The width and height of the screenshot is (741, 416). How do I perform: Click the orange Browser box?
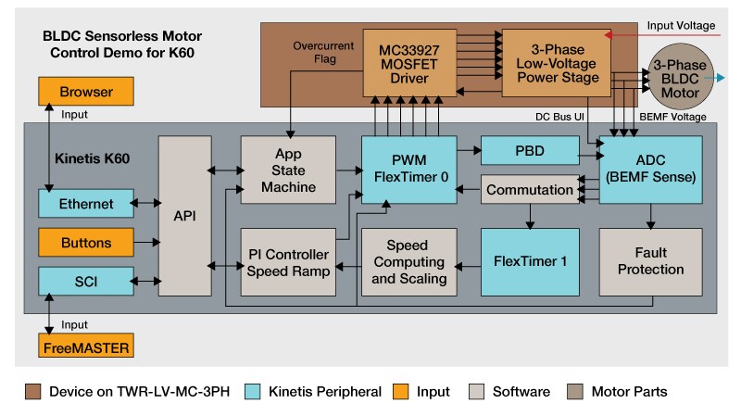[86, 92]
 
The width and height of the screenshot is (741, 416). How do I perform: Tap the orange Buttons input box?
[86, 243]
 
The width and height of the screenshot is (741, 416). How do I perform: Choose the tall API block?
[185, 215]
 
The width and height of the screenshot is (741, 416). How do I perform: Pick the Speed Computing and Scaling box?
[408, 261]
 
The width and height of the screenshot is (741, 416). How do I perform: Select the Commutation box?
[529, 190]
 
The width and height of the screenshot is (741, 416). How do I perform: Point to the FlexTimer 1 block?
[529, 261]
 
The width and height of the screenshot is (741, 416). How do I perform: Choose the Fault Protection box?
[650, 261]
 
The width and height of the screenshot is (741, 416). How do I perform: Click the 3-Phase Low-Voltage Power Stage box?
[555, 63]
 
